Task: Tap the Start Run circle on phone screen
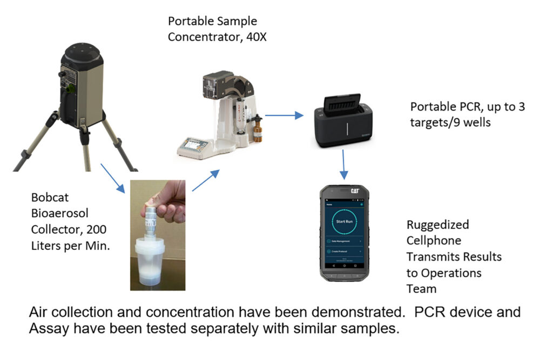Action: (x=344, y=221)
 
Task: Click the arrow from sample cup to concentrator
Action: (x=206, y=180)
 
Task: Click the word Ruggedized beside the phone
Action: (x=437, y=224)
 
